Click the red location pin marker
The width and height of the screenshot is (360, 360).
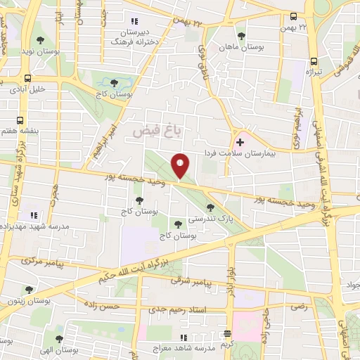click(x=181, y=166)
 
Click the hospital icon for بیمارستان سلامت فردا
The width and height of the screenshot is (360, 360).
click(x=240, y=142)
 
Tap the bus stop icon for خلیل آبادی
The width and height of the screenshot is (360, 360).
click(x=28, y=78)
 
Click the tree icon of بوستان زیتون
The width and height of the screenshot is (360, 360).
click(x=29, y=289)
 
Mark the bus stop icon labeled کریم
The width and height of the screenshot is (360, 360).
click(x=226, y=334)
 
